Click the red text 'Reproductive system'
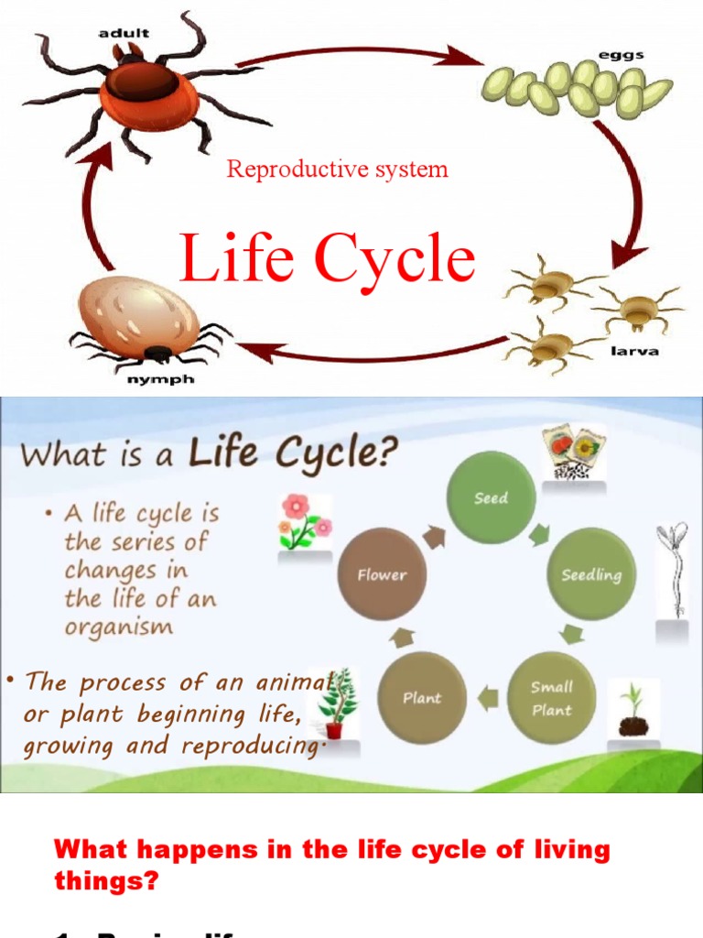(x=338, y=169)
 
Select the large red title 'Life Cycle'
(x=328, y=258)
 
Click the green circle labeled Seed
(x=491, y=497)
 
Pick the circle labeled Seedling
(x=590, y=575)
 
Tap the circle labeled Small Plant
(x=552, y=697)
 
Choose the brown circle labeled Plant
(x=422, y=698)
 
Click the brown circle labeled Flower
(x=382, y=575)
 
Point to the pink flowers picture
(x=305, y=522)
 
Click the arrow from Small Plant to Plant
(x=487, y=699)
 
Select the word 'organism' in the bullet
(x=118, y=627)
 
